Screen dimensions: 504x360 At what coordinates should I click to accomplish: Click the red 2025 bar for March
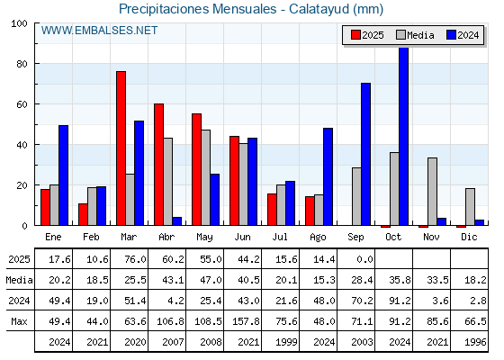point(121,148)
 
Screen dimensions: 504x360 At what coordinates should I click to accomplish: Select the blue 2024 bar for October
point(403,136)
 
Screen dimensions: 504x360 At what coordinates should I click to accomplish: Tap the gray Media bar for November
point(432,192)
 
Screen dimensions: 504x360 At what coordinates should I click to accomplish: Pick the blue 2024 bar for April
point(176,221)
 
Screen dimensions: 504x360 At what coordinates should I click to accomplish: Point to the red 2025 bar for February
point(83,214)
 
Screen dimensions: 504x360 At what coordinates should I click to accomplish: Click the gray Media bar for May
point(206,178)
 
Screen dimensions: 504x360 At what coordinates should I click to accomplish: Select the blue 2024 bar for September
point(365,154)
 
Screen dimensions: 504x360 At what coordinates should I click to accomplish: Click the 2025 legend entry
point(367,35)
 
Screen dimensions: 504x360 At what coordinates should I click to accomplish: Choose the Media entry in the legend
point(415,35)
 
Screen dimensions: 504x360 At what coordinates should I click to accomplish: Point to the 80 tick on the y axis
point(22,64)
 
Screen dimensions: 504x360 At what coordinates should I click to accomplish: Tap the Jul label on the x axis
point(280,237)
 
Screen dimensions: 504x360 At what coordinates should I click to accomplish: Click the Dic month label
point(469,237)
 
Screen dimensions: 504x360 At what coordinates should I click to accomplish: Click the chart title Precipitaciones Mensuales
point(197,9)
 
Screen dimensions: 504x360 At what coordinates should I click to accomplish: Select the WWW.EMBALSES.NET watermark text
point(99,31)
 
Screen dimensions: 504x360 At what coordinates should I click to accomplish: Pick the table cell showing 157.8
point(246,321)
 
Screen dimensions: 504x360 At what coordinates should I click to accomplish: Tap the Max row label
point(19,321)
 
